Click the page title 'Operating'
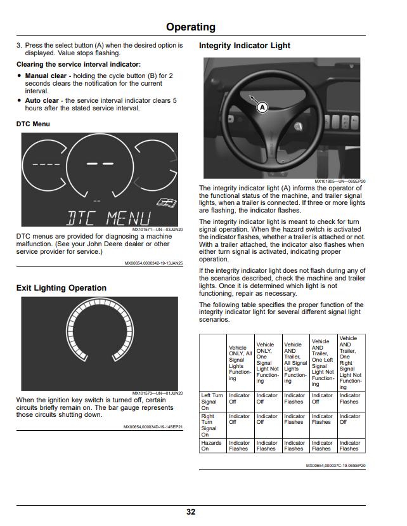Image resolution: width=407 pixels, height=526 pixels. click(x=190, y=27)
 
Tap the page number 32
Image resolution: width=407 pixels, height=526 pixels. click(x=191, y=511)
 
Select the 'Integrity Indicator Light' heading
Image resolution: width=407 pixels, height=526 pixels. click(x=245, y=46)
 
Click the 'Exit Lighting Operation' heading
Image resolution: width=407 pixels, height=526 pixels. click(x=61, y=288)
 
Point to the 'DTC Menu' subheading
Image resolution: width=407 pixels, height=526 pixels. click(x=33, y=124)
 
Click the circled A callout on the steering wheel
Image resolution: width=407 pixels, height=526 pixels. click(x=262, y=107)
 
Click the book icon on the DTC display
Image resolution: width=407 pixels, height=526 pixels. click(x=167, y=202)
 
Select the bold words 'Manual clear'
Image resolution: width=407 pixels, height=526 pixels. click(x=46, y=76)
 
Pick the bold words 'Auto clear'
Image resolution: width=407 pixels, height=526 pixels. click(x=42, y=101)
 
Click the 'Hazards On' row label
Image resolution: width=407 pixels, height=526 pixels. click(x=211, y=446)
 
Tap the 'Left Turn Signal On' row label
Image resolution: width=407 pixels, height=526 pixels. click(x=212, y=402)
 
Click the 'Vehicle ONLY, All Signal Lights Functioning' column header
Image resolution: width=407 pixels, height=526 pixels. click(x=240, y=363)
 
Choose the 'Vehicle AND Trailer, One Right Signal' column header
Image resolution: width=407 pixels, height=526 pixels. click(x=351, y=363)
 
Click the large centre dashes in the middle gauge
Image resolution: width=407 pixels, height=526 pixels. click(x=100, y=164)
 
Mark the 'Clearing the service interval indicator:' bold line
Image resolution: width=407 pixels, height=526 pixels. click(x=79, y=65)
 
